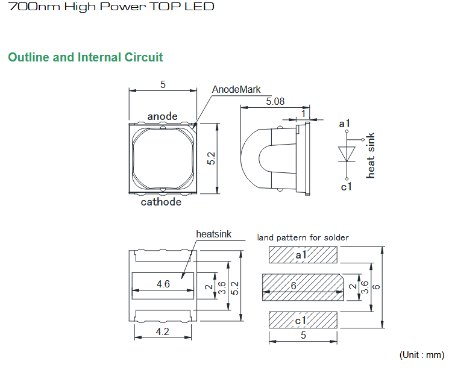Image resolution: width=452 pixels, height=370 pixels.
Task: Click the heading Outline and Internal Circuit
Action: pos(86,58)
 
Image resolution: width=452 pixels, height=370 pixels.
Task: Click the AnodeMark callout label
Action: pos(236,90)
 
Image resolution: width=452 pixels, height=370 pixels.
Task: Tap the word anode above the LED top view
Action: pos(163,116)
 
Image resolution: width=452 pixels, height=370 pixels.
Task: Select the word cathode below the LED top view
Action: pos(161,202)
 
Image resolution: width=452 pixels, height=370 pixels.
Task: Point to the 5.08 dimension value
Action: pos(275,102)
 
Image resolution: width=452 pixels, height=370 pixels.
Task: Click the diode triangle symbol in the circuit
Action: pos(345,153)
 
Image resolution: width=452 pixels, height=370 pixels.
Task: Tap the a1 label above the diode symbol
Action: pos(345,124)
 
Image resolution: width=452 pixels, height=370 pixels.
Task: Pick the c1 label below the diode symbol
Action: pos(346,187)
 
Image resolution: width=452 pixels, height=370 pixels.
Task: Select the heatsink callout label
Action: pos(213,234)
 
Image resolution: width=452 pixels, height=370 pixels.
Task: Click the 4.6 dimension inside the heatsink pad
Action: pos(163,284)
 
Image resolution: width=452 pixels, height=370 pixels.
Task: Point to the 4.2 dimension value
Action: pos(163,331)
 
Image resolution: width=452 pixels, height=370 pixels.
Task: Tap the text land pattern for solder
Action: pos(303,237)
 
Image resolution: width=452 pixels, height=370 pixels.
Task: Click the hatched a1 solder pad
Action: pos(301,256)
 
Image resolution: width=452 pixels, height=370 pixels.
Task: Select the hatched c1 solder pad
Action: pos(301,319)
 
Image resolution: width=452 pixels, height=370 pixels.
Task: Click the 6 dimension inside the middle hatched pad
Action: pos(293,286)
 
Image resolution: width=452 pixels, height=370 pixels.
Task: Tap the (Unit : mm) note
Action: pos(421,355)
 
